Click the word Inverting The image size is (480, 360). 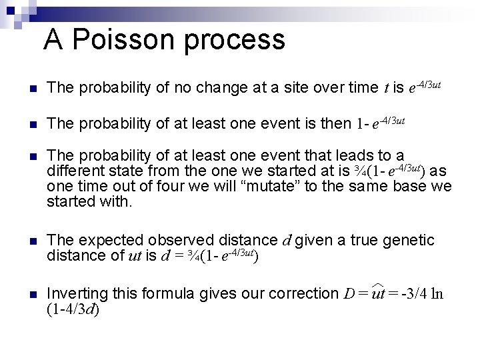pos(75,293)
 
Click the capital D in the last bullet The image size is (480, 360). pos(349,294)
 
